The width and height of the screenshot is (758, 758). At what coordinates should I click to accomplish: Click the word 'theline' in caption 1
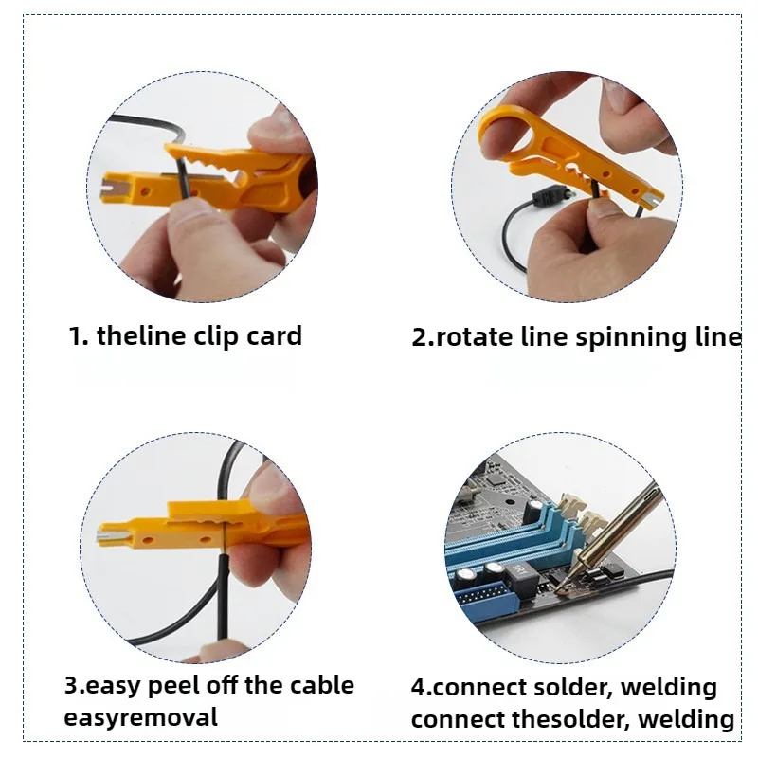pos(142,336)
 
